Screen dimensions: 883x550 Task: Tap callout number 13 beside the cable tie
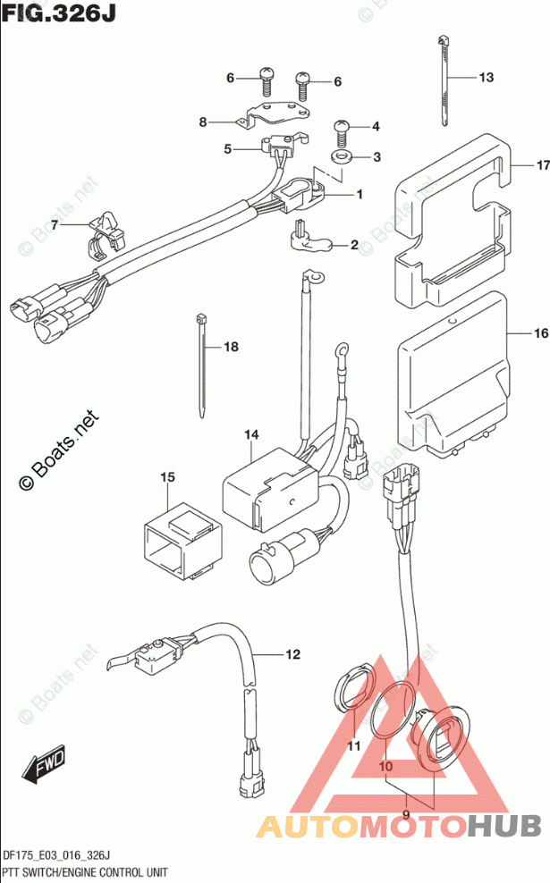click(486, 78)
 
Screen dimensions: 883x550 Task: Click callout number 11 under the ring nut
click(353, 747)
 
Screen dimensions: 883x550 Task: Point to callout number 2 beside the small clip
click(354, 244)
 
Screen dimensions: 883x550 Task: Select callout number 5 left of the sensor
click(228, 149)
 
